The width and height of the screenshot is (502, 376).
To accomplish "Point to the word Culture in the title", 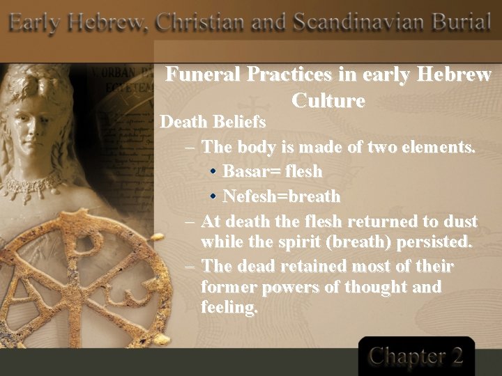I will point(328,100).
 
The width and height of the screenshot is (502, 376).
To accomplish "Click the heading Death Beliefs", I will point(213,122).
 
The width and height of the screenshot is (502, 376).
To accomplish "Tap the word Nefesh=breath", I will point(282,196).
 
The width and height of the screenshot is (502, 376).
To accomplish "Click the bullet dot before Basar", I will point(213,171).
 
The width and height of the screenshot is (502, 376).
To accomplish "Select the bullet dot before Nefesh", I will point(213,196).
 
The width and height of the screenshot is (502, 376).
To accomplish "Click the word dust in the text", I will point(460,221).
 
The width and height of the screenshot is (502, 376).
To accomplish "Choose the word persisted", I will point(435,242).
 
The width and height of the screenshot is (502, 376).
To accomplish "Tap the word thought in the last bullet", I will point(375,286).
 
